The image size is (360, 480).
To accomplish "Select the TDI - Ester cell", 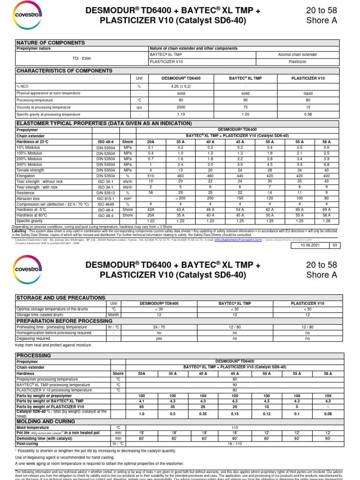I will (82, 58).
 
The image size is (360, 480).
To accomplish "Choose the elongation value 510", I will (150, 176).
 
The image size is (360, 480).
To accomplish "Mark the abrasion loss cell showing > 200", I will (180, 199).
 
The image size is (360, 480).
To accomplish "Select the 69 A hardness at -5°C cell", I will (326, 210).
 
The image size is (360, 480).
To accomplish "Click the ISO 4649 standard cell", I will (106, 204).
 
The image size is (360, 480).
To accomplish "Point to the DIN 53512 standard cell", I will (106, 193).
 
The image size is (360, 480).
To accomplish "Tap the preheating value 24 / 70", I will (159, 327).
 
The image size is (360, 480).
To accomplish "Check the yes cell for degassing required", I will (159, 338).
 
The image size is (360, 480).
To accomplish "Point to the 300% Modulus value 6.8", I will (326, 165).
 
